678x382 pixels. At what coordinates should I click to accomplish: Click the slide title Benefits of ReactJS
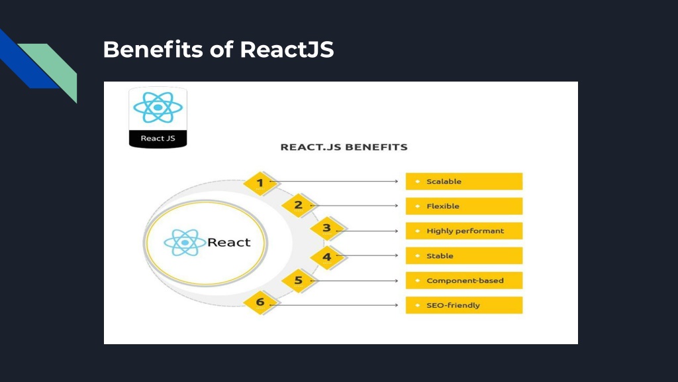coord(218,49)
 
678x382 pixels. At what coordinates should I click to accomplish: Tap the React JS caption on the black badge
coord(158,139)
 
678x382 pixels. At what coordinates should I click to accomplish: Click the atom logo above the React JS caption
coord(158,107)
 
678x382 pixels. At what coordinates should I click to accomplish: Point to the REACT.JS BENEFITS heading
coord(344,147)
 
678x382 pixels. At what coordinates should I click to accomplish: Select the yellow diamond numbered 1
coord(260,183)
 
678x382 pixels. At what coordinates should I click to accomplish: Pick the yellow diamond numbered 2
coord(299,205)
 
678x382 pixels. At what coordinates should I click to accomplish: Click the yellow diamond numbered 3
coord(327,228)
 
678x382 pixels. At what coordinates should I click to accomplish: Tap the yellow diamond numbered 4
coord(327,257)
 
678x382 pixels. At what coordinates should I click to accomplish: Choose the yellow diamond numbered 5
coord(299,281)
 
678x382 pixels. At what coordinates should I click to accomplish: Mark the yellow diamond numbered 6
coord(260,302)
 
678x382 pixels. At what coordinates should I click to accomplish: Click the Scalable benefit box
coord(464,182)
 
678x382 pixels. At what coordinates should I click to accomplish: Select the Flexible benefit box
coord(464,206)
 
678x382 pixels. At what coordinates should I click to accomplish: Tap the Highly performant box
coord(464,231)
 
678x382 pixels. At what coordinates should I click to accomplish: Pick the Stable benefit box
coord(464,255)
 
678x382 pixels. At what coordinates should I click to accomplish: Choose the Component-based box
coord(464,281)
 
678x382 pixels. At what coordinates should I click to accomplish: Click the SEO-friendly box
coord(464,305)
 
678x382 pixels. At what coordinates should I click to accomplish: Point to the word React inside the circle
coord(228,242)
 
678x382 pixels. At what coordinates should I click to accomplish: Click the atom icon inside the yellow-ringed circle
coord(185,243)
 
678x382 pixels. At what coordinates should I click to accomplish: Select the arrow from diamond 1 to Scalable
coord(334,182)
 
